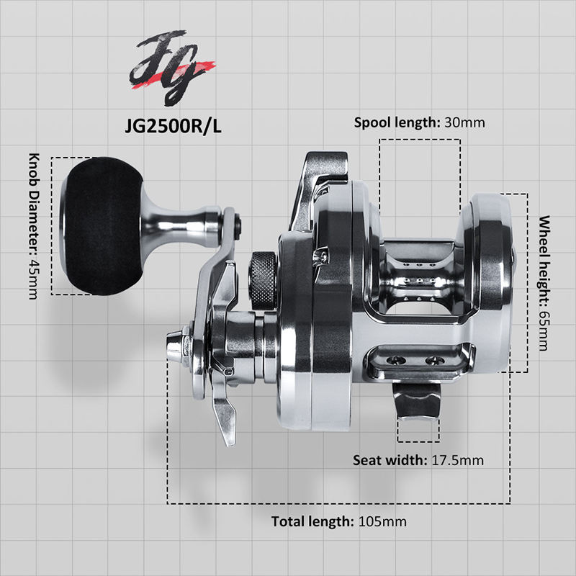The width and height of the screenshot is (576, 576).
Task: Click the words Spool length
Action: tap(396, 122)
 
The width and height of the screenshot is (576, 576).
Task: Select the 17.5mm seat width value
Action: tap(457, 460)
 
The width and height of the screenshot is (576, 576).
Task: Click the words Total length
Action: tap(312, 521)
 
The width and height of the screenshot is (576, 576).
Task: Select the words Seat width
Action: tap(389, 460)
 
